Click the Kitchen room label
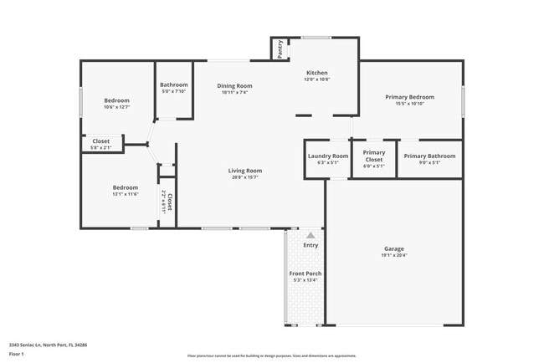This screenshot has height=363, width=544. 316,73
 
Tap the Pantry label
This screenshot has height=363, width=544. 280,50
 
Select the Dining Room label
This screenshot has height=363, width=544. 235,85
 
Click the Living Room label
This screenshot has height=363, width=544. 245,171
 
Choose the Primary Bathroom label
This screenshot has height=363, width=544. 429,156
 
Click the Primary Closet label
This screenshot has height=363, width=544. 373,156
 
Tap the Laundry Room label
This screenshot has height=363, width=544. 328,156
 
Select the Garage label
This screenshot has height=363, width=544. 394,249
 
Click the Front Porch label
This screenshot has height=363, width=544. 305,274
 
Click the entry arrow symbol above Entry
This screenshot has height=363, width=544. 310,236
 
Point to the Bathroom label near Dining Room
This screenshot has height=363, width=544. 174,84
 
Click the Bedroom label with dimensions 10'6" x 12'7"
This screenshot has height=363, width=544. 116,100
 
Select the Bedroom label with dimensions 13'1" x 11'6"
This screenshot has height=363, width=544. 126,187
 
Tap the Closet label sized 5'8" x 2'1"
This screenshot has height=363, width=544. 100,141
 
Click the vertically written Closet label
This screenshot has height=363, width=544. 169,202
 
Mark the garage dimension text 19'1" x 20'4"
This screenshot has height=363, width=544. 394,256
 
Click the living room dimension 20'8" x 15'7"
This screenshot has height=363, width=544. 245,177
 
